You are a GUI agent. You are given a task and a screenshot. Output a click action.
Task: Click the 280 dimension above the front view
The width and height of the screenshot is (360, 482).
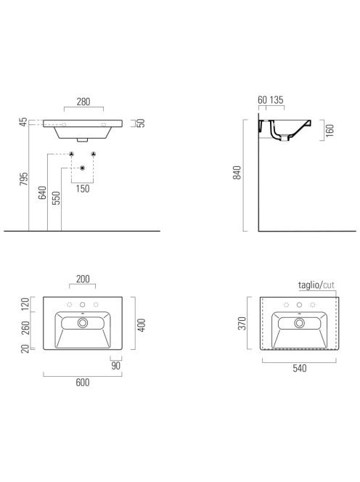tap(83, 102)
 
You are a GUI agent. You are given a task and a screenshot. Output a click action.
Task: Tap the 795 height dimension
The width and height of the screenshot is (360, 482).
tap(24, 179)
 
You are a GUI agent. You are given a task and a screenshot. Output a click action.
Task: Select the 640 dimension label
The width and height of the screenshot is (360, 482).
tap(42, 193)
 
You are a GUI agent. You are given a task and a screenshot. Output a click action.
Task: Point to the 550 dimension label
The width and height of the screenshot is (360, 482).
tap(57, 198)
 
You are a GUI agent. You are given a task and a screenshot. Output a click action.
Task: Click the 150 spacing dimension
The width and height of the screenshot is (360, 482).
tap(83, 189)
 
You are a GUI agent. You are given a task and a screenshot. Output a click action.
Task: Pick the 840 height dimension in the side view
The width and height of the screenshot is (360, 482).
tap(237, 173)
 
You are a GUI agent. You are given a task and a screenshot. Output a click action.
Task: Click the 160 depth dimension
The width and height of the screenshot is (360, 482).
tap(330, 131)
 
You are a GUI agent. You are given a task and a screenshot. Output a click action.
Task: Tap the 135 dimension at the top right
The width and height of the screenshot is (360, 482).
tap(277, 100)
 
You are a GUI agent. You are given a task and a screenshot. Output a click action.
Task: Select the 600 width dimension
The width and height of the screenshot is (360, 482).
tap(83, 383)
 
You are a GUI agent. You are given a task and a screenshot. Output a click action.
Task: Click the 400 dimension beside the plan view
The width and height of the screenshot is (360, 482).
tap(142, 325)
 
